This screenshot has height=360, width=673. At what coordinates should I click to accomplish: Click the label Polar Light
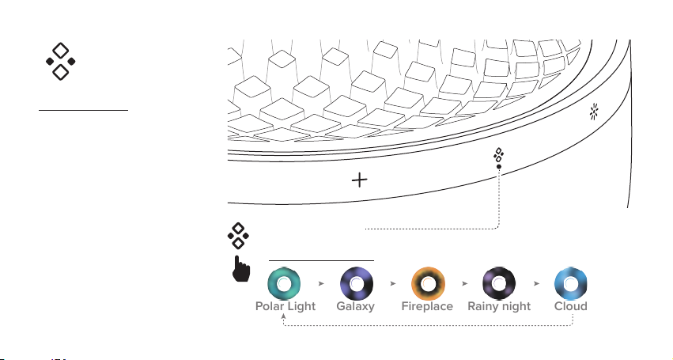285,306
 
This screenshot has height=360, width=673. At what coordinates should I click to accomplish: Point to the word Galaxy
355,307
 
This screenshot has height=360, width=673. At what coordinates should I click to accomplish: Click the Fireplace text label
427,306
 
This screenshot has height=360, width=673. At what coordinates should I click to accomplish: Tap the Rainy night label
499,307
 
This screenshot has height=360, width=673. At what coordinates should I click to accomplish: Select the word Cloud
571,306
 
